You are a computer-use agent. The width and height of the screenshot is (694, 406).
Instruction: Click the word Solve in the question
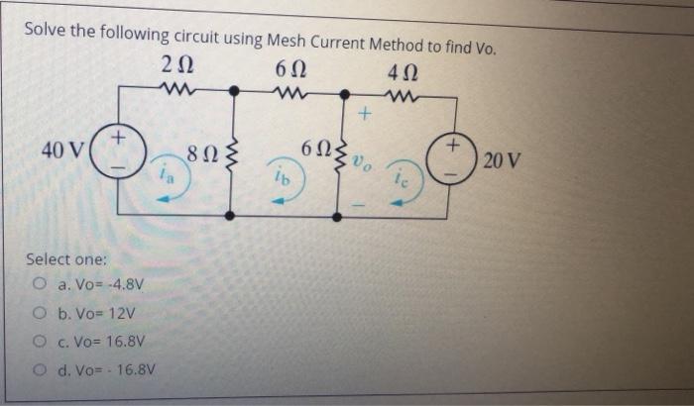46,30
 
